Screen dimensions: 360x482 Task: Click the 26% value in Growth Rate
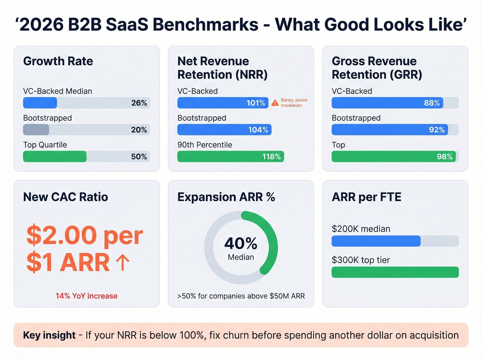click(139, 103)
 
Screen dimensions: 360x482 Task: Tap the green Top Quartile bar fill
click(54, 156)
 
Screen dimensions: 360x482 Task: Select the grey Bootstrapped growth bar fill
click(36, 130)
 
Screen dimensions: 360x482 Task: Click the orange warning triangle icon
click(275, 103)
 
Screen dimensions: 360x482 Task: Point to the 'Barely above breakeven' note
click(294, 103)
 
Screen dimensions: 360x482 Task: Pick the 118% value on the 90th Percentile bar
click(271, 157)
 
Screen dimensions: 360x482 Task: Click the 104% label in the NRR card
click(258, 130)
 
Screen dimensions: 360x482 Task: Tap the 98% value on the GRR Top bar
click(444, 157)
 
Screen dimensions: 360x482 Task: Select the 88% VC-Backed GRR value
click(432, 103)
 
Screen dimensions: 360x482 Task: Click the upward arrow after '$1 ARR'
click(123, 263)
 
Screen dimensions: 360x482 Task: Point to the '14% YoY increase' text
click(86, 296)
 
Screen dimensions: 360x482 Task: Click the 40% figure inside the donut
click(241, 244)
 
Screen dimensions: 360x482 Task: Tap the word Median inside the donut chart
click(241, 257)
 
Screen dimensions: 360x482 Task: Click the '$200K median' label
click(361, 229)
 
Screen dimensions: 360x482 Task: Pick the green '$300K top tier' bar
click(395, 272)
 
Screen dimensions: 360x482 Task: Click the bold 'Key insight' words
click(49, 335)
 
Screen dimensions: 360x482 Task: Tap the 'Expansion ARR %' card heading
click(226, 197)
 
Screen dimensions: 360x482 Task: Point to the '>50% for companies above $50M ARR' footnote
click(241, 296)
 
